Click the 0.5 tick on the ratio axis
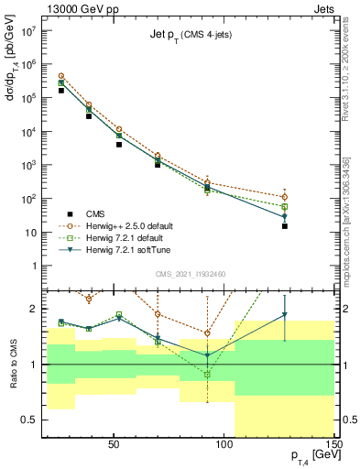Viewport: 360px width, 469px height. click(x=30, y=420)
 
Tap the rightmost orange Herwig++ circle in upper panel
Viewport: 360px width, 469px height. click(x=285, y=197)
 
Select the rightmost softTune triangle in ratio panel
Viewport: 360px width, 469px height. click(x=285, y=315)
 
